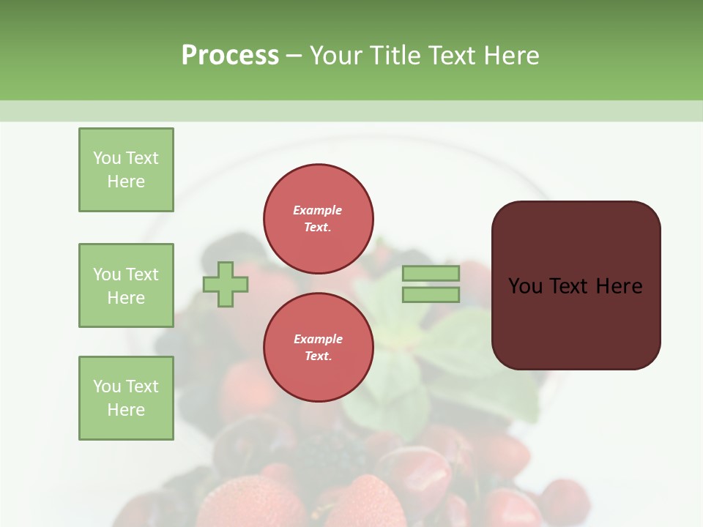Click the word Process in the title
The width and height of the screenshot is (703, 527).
coord(230,56)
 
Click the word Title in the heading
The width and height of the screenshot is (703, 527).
coord(395,56)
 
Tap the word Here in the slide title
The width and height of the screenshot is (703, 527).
coord(510,56)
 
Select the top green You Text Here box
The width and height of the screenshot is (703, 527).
coord(126,170)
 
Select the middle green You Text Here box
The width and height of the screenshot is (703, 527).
coord(126,285)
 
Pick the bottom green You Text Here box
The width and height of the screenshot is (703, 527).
coord(126,398)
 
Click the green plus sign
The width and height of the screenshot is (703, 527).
coord(226,284)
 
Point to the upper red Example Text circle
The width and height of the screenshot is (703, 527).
coord(318,219)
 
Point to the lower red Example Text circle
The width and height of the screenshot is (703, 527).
coord(318,348)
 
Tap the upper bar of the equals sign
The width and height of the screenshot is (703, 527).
coord(431,273)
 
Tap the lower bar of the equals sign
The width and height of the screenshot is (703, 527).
coord(431,294)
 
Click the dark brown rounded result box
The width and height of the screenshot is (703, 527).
coord(576,322)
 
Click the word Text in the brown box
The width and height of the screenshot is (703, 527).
coord(570,286)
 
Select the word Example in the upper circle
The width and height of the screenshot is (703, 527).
coord(318,210)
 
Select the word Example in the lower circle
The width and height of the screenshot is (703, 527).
coord(318,339)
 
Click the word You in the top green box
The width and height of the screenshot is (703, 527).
coord(107,158)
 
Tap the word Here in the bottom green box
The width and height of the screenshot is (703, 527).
coord(126,410)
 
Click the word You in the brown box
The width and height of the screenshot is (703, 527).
coord(525,286)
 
